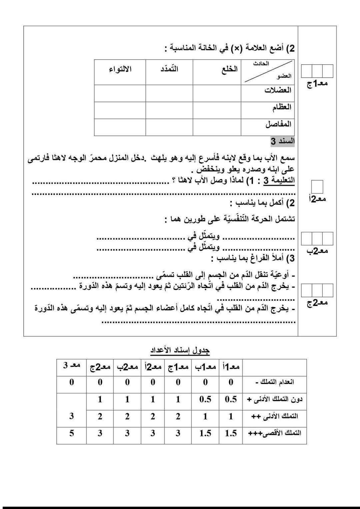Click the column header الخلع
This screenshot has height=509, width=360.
(x=230, y=69)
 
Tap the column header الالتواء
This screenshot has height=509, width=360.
(x=120, y=69)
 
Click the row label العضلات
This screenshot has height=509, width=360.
(x=278, y=90)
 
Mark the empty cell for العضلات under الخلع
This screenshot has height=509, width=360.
(x=217, y=93)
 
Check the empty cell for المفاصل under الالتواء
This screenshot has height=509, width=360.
(x=120, y=127)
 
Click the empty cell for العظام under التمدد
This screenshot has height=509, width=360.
(x=169, y=110)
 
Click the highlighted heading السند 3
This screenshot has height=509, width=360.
(x=282, y=142)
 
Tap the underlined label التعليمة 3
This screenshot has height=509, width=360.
(x=279, y=181)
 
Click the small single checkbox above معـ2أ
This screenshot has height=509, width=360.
(x=317, y=187)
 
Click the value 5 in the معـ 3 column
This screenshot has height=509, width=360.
(x=71, y=433)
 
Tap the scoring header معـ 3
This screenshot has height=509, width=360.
(x=72, y=365)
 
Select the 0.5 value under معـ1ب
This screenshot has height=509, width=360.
(x=205, y=399)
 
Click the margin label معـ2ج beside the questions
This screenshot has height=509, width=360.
(x=317, y=303)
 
